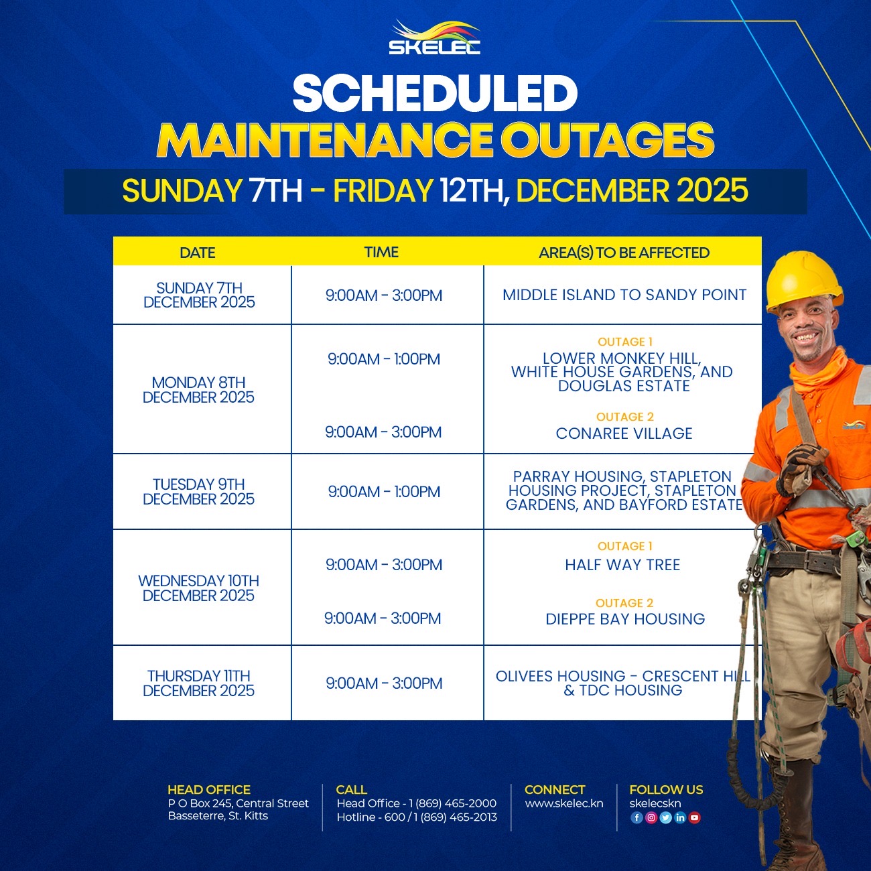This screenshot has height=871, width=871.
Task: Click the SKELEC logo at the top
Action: pyautogui.click(x=434, y=37)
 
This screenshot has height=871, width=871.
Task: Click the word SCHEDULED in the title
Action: pyautogui.click(x=435, y=93)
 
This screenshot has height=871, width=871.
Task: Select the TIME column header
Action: pyautogui.click(x=381, y=252)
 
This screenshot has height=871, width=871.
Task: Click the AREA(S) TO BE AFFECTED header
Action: pyautogui.click(x=624, y=253)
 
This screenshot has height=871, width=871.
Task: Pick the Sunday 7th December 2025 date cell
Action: pyautogui.click(x=199, y=295)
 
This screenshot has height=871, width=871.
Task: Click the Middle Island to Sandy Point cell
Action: pyautogui.click(x=624, y=295)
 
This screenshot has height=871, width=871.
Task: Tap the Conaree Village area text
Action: pyautogui.click(x=624, y=433)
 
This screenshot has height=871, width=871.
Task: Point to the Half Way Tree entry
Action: pyautogui.click(x=622, y=565)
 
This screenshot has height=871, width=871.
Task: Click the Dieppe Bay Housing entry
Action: pyautogui.click(x=625, y=619)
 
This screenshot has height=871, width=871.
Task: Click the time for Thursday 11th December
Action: pyautogui.click(x=384, y=683)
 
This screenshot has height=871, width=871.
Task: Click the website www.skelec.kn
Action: pyautogui.click(x=564, y=803)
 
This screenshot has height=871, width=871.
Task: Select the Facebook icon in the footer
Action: pyautogui.click(x=636, y=817)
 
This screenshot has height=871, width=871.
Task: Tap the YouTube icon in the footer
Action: pyautogui.click(x=695, y=817)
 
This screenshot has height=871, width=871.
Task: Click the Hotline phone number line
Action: pyautogui.click(x=417, y=817)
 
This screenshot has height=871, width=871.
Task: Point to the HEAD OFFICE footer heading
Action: pyautogui.click(x=209, y=790)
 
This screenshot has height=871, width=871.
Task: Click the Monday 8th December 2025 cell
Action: pyautogui.click(x=198, y=390)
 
